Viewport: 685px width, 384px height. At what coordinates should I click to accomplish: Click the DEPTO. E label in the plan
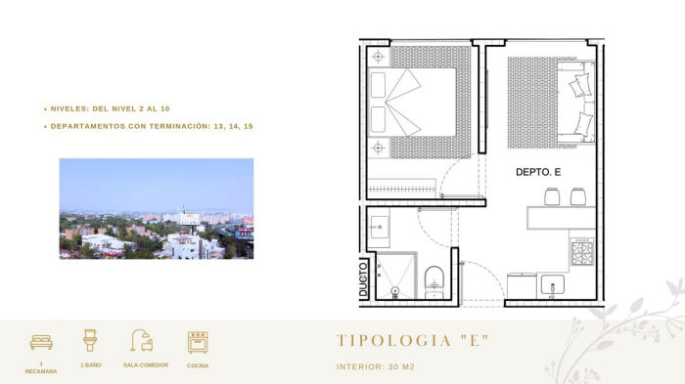point(537,172)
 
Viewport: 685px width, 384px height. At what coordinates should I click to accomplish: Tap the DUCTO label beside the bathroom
point(362,277)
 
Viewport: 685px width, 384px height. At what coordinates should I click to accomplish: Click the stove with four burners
point(582,253)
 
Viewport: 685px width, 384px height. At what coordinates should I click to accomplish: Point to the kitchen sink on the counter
point(551,285)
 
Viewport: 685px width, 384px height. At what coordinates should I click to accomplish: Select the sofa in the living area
point(578,102)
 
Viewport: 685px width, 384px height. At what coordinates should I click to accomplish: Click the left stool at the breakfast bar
point(551,196)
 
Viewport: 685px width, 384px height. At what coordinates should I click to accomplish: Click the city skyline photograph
point(156,208)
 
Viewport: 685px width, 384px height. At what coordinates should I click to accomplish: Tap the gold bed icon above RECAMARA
point(41,342)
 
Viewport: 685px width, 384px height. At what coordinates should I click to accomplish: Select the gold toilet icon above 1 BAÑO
point(91,341)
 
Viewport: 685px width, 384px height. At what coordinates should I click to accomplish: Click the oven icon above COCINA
point(198,342)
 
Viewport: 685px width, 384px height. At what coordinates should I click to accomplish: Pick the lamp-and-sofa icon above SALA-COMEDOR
point(143,341)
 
